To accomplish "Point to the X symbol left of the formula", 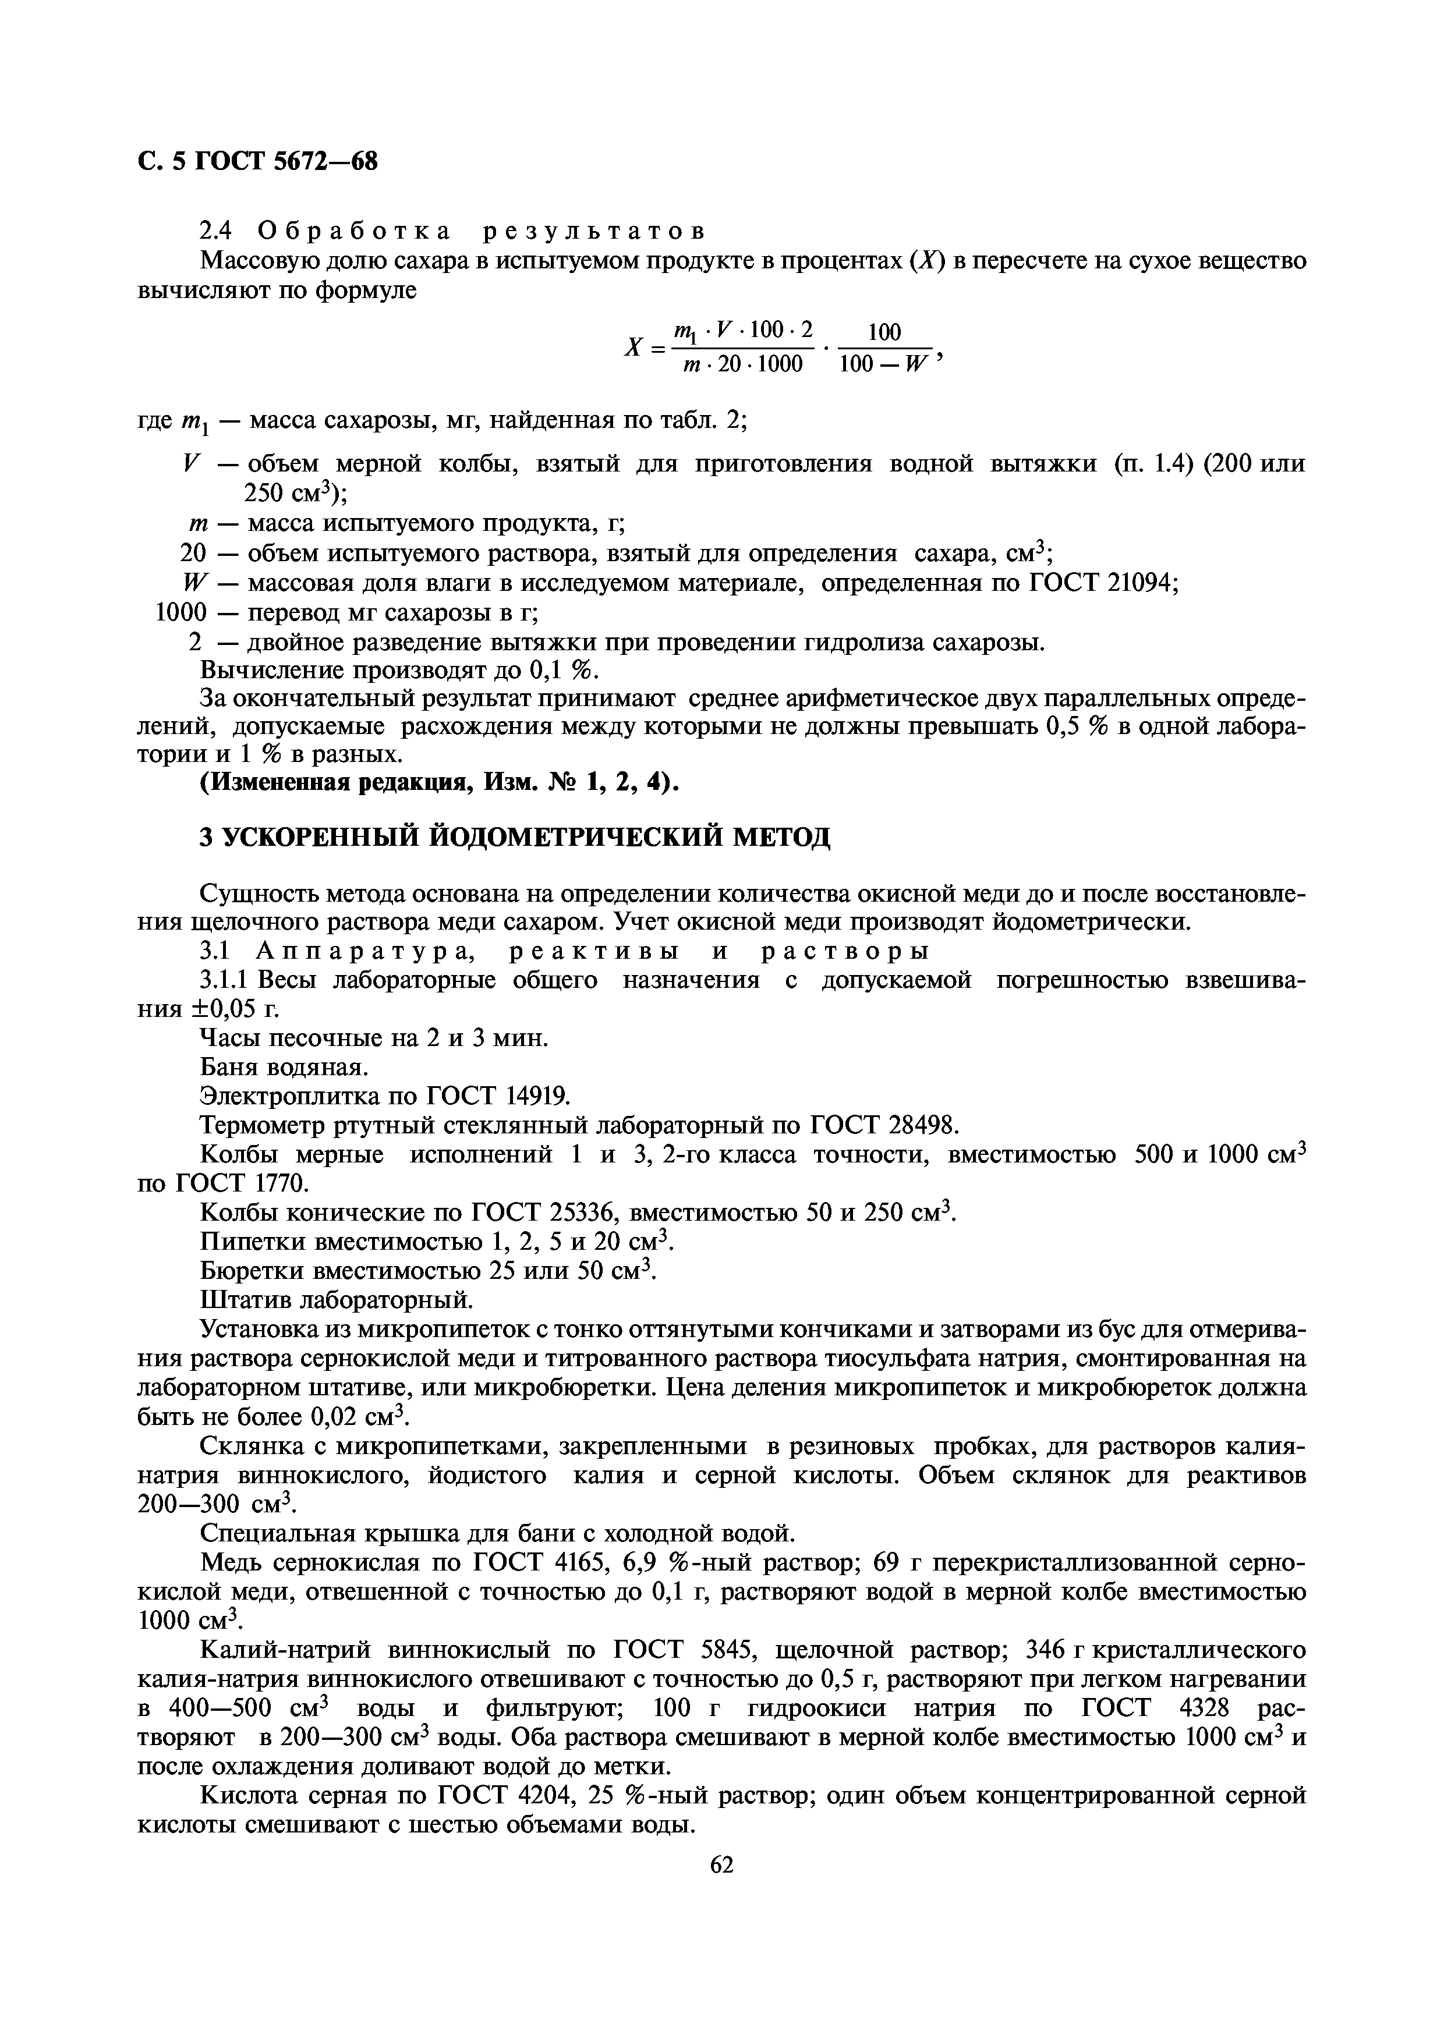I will pos(633,349).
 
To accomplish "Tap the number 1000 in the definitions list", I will pos(180,613).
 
